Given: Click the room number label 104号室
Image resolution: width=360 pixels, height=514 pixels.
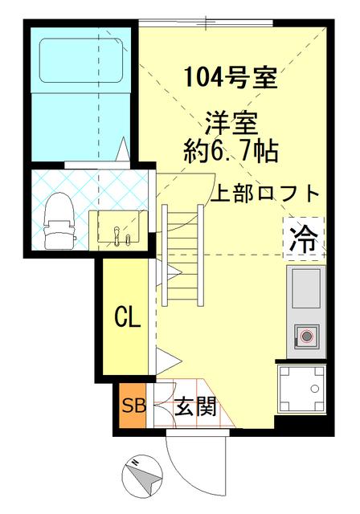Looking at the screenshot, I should pos(230,79).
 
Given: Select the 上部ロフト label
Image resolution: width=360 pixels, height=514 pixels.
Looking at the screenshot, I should pos(266,194).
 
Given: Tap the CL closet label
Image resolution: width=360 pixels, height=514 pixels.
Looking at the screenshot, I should pos(126,316).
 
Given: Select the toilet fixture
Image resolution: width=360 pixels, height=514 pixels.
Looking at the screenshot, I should pos(59,222).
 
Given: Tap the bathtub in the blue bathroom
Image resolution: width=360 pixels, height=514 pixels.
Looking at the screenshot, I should pos(79,59).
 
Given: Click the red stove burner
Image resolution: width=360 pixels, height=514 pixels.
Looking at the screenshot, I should pos(305,337).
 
